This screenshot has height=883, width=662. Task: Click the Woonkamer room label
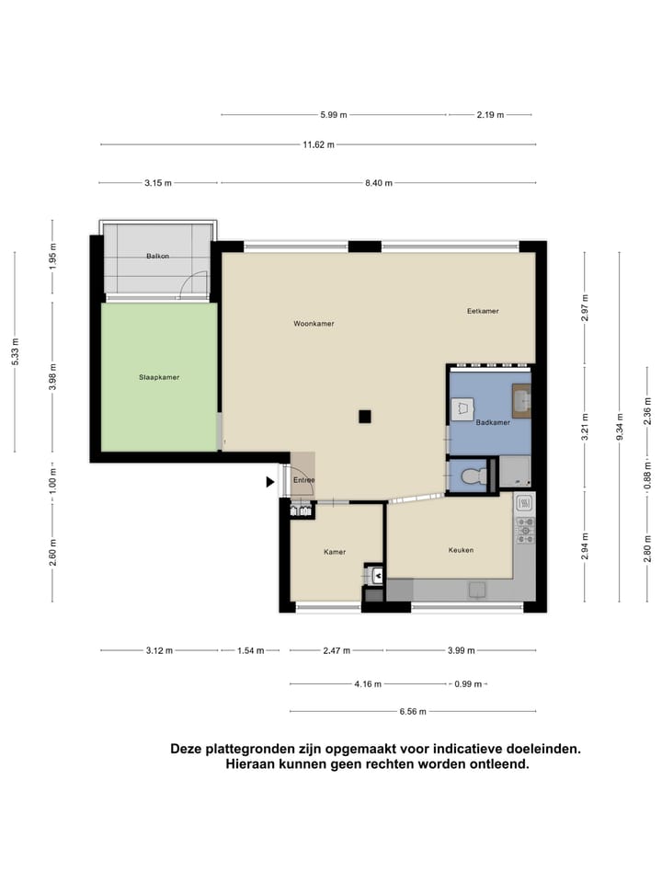[x=314, y=324]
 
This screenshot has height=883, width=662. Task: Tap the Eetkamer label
[x=483, y=311]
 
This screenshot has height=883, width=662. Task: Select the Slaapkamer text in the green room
[x=159, y=377]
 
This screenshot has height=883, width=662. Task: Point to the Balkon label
[x=157, y=256]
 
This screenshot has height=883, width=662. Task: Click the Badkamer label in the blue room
[x=493, y=422]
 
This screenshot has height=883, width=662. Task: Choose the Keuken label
[x=461, y=550]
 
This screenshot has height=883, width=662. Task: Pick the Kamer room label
[x=335, y=552]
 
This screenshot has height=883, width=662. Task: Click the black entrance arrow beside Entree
[x=270, y=481]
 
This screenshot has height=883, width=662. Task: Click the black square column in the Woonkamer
[x=365, y=417]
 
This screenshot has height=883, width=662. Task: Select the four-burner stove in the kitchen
[x=525, y=530]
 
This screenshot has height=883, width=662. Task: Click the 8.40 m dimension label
[x=378, y=183]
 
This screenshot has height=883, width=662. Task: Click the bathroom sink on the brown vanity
[x=521, y=402]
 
